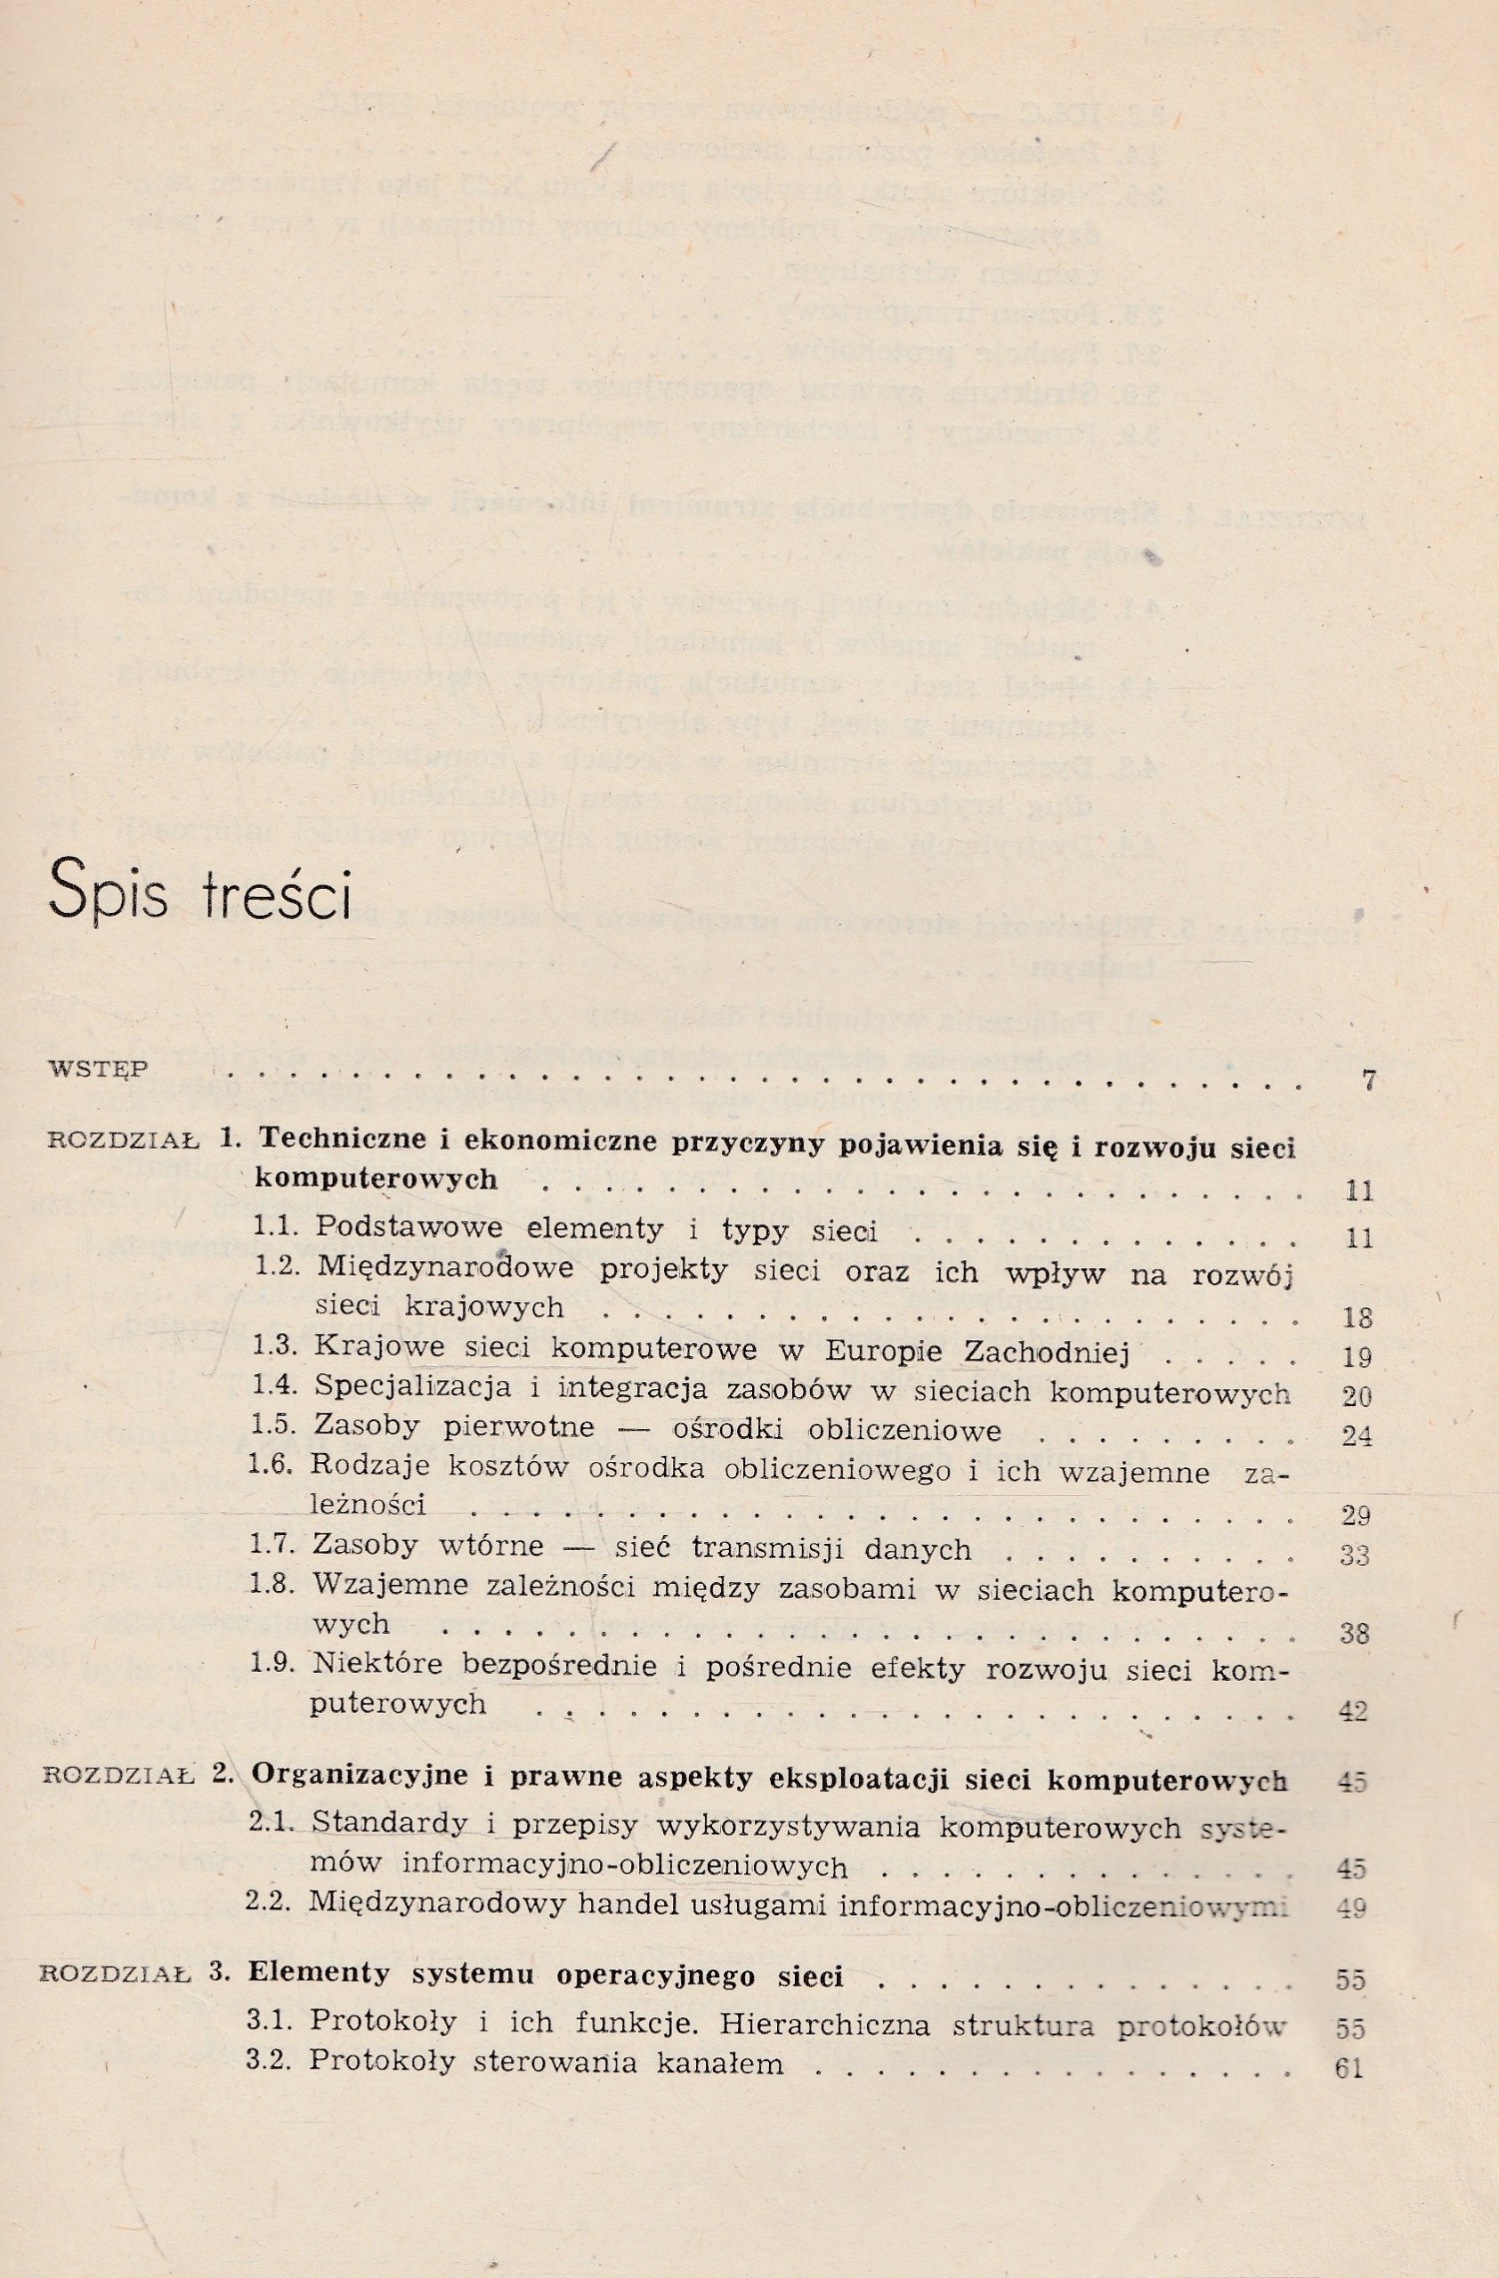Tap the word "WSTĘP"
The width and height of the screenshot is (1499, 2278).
[x=99, y=1068]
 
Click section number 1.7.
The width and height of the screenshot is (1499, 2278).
[x=274, y=1547]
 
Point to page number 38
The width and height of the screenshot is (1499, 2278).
[x=1356, y=1634]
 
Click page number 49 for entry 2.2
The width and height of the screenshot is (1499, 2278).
[x=1351, y=1908]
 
